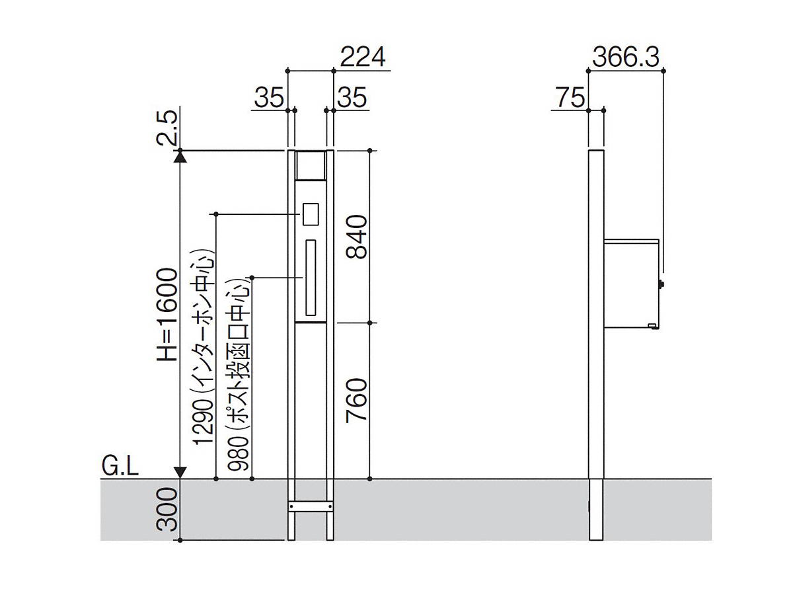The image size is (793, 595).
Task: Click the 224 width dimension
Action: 362,58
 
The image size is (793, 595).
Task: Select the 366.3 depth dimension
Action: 626,58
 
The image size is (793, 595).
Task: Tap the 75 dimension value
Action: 570,98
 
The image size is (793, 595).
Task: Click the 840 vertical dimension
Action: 356,237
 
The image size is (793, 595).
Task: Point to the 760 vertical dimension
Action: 356,400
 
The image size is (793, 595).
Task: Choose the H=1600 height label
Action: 167,315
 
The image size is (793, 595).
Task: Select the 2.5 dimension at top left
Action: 167,128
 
